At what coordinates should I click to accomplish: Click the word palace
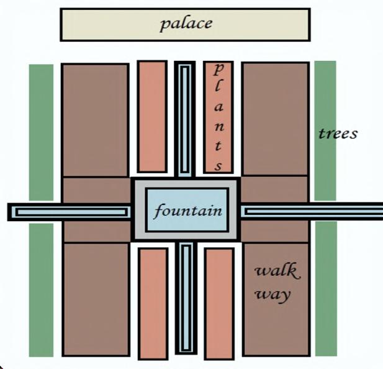pos(186,24)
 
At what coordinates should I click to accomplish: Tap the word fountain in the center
pos(188,211)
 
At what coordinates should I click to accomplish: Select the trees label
pos(338,134)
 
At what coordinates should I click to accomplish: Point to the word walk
pos(276,271)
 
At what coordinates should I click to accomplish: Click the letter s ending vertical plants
pos(219,166)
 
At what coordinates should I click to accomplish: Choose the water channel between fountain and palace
pos(184,118)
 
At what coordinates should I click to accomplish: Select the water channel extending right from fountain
pos(310,212)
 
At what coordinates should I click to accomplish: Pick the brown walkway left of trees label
pos(275,118)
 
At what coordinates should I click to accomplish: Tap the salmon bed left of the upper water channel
pos(152,116)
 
